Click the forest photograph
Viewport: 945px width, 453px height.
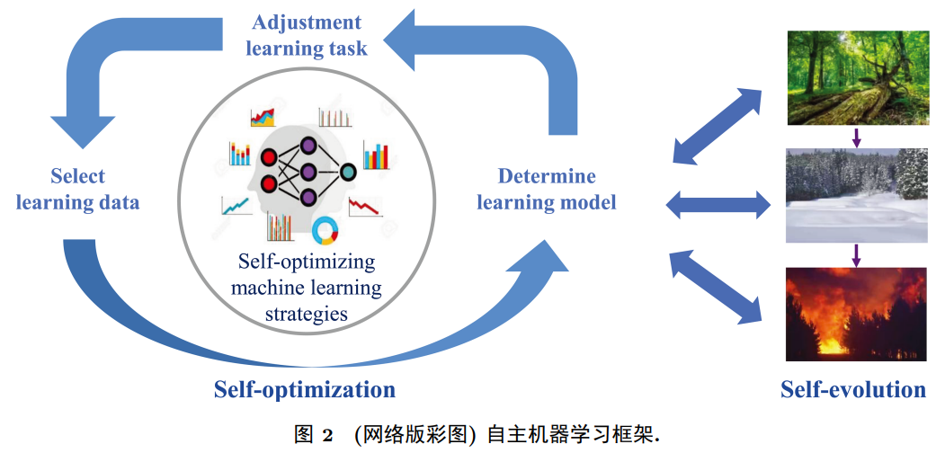pyautogui.click(x=857, y=78)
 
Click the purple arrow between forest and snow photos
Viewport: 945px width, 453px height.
pyautogui.click(x=856, y=137)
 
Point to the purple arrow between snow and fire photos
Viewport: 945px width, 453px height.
pyautogui.click(x=856, y=254)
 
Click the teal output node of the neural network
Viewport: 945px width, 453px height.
pyautogui.click(x=347, y=170)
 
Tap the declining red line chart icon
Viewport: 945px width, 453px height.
pyautogui.click(x=365, y=205)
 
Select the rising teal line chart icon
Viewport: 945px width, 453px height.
pyautogui.click(x=236, y=205)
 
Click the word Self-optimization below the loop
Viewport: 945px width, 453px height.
pyautogui.click(x=305, y=389)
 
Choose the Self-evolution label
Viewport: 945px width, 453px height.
pyautogui.click(x=852, y=389)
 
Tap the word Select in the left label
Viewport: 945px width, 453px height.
pyautogui.click(x=77, y=176)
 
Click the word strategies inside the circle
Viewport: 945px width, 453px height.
pyautogui.click(x=306, y=314)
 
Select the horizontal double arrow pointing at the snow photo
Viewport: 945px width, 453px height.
pyautogui.click(x=718, y=204)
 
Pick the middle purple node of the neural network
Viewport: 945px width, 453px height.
pyautogui.click(x=308, y=171)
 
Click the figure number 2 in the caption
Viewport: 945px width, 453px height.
pyautogui.click(x=327, y=435)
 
